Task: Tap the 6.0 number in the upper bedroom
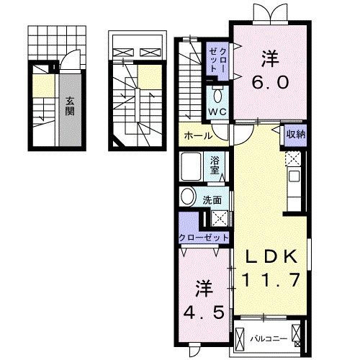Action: pyautogui.click(x=271, y=82)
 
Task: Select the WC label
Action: pyautogui.click(x=217, y=112)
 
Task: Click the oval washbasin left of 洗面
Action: pyautogui.click(x=188, y=197)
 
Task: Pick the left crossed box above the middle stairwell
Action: pyautogui.click(x=122, y=52)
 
